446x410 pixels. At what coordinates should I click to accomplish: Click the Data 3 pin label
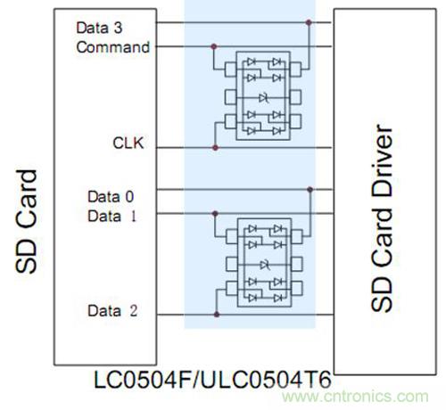(99, 28)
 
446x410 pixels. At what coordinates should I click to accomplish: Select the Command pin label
(113, 47)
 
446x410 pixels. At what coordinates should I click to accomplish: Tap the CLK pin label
(128, 143)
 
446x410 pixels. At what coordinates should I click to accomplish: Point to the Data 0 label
(111, 197)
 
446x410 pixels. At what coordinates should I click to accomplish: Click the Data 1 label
(111, 216)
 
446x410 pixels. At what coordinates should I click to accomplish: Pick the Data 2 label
(112, 311)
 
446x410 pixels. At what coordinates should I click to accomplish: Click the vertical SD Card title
(27, 221)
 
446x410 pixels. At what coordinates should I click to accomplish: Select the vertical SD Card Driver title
(382, 217)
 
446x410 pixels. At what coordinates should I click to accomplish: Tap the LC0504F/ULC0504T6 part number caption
(212, 380)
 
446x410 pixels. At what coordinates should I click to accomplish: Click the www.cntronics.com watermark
(355, 397)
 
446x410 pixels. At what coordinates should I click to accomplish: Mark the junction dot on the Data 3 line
(309, 22)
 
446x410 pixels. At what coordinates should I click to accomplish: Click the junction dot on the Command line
(213, 46)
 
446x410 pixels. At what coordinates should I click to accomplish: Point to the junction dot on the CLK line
(215, 148)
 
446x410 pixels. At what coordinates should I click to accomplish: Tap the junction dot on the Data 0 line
(310, 190)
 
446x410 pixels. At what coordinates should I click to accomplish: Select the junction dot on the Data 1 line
(215, 214)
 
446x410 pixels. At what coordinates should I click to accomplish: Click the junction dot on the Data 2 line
(217, 315)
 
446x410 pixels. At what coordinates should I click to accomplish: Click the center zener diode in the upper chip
(264, 97)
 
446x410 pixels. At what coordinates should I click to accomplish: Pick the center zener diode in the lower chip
(265, 265)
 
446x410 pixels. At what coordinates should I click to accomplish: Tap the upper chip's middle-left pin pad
(230, 97)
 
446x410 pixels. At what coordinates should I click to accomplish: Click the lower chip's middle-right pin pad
(297, 264)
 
